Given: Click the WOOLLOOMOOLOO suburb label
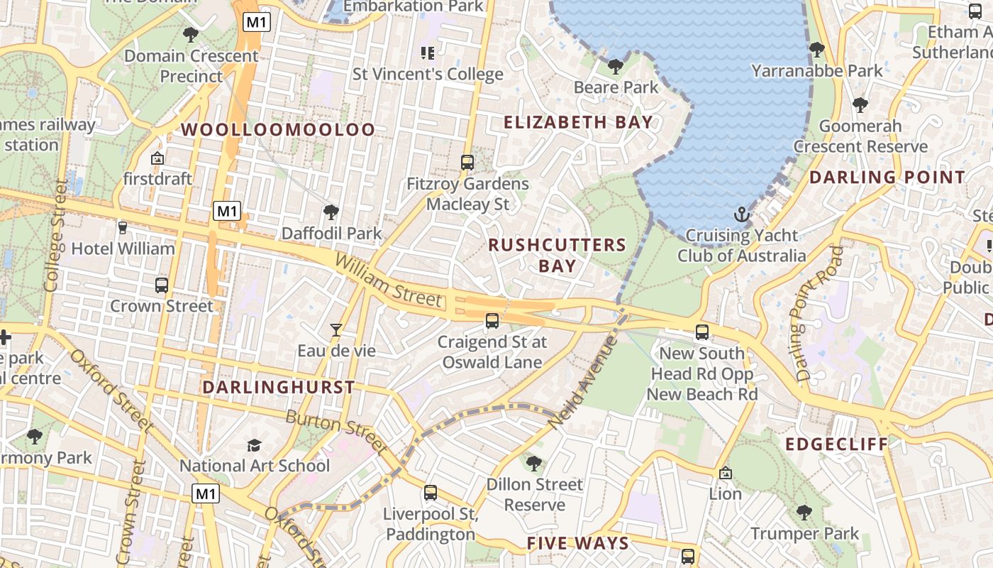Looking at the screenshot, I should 278,129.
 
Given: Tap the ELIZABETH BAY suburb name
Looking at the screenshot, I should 578,122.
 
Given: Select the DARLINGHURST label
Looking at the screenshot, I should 278,387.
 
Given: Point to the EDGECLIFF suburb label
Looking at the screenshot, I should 836,444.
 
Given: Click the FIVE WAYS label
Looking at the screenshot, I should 577,544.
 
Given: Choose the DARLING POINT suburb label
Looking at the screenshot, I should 887,177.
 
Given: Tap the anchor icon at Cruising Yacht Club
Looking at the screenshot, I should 741,214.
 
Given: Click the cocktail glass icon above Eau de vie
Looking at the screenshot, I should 336,329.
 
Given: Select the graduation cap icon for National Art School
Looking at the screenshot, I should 254,445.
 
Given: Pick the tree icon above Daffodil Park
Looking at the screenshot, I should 331,212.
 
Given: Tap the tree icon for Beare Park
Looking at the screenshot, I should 615,67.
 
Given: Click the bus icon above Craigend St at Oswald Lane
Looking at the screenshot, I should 492,321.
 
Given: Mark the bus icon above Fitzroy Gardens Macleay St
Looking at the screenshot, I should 467,163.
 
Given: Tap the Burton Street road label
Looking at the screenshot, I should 336,432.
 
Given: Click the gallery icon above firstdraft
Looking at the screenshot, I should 157,158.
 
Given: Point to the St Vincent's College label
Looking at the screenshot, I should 428,74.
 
